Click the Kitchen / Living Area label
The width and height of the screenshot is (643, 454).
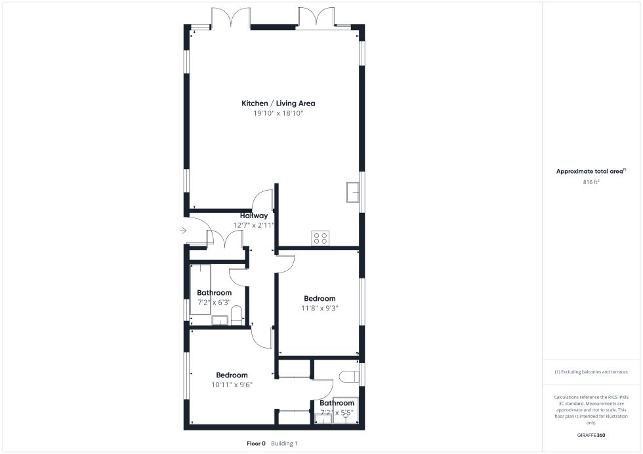pos(278,103)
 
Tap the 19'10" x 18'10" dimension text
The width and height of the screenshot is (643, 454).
pos(278,113)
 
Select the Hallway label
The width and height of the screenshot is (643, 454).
pos(254,216)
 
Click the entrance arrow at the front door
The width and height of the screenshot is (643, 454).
pos(183,231)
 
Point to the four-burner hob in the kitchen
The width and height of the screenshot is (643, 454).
pos(320,238)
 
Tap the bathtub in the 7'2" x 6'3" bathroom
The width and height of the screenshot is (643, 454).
pos(200,290)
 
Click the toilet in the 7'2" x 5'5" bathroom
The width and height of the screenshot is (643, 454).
pos(349,376)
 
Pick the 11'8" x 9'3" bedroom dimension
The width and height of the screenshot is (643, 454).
pos(320,309)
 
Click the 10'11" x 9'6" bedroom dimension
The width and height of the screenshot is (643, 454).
pos(232,385)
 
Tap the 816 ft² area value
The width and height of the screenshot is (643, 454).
pos(591,182)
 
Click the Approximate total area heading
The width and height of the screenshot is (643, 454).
pos(591,172)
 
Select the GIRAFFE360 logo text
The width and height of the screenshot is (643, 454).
pos(591,435)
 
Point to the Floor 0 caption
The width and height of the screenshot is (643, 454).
pos(256,444)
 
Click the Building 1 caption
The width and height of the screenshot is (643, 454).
pos(284,444)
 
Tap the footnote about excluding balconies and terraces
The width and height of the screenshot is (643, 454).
pos(591,372)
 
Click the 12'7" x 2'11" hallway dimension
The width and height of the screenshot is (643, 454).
pos(253,225)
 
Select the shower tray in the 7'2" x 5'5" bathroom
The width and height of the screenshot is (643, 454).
pos(345,410)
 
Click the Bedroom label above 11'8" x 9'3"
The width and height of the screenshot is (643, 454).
pos(320,299)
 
